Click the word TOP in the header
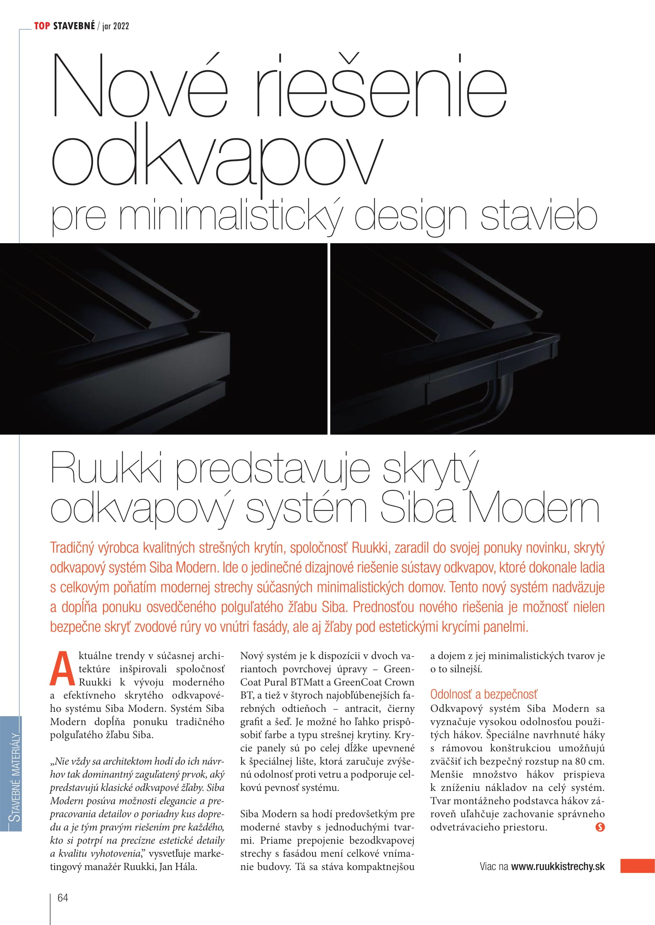pos(42,26)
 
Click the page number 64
pos(63,898)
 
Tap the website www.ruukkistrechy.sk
pos(558,866)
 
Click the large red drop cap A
pos(62,669)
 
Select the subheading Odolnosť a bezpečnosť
pos(484,694)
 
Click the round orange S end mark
pos(600,827)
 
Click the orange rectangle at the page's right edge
pos(637,866)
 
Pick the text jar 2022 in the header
pos(116,26)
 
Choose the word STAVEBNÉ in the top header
pos(74,26)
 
